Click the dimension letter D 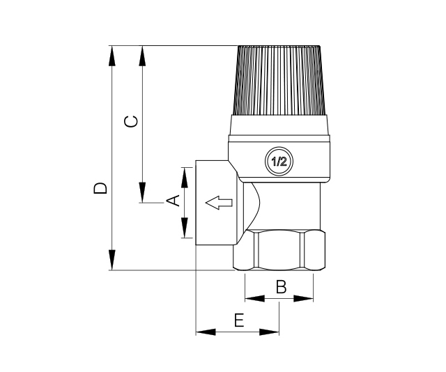tap(100, 188)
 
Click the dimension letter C tap(132, 121)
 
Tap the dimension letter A tap(173, 200)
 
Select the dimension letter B tap(281, 287)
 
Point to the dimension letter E tap(239, 320)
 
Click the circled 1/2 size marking tap(279, 162)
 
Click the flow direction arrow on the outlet tap(219, 203)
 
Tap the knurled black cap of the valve tap(279, 80)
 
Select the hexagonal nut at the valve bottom tap(279, 250)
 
